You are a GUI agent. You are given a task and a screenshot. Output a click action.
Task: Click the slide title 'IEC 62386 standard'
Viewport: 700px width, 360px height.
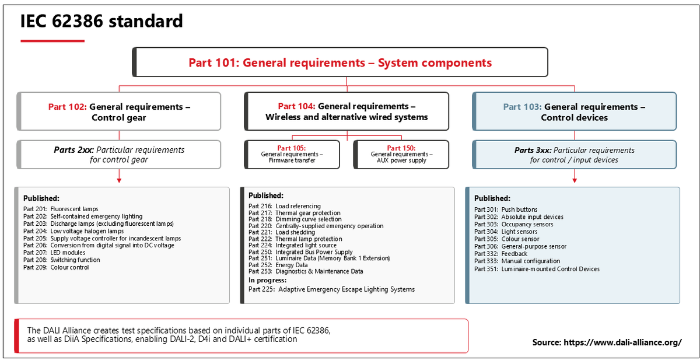[101, 21]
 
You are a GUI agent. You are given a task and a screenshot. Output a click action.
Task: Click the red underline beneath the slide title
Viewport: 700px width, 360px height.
[52, 41]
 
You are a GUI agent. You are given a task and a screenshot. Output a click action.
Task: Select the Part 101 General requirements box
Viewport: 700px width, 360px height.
[340, 62]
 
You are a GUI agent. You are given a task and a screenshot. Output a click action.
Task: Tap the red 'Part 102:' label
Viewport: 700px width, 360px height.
[68, 107]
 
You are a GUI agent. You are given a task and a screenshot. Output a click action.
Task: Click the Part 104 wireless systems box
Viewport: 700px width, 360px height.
[346, 111]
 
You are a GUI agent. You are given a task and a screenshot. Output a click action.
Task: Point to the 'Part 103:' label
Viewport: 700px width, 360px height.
[522, 107]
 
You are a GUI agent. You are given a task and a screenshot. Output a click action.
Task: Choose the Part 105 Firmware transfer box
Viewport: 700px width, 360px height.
[292, 155]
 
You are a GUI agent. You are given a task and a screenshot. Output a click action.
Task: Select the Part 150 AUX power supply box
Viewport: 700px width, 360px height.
[401, 155]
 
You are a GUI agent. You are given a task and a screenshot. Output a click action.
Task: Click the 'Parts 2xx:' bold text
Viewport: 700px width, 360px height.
[73, 150]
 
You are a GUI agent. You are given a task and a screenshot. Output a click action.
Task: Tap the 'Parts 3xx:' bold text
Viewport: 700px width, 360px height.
[533, 151]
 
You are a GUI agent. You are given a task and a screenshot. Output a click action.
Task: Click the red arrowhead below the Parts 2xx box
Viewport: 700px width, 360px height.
[119, 180]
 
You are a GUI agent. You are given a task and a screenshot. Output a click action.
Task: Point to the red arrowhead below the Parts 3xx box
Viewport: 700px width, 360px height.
[575, 180]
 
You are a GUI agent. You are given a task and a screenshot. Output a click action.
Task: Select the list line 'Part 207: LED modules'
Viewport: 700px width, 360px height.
[54, 253]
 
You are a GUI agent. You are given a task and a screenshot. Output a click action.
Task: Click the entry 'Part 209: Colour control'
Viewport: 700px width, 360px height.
[56, 267]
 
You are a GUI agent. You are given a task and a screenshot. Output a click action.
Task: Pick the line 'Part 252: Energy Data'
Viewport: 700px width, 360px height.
[278, 265]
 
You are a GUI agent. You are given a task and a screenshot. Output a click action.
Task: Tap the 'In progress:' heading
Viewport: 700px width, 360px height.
[268, 280]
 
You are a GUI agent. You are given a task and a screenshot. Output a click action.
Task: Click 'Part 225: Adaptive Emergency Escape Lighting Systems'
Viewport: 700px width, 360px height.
[331, 289]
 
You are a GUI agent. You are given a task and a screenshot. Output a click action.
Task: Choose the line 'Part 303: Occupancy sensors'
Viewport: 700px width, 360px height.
[513, 225]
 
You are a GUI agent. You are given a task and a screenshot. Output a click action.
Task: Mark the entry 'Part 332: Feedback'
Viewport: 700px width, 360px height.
[501, 254]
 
